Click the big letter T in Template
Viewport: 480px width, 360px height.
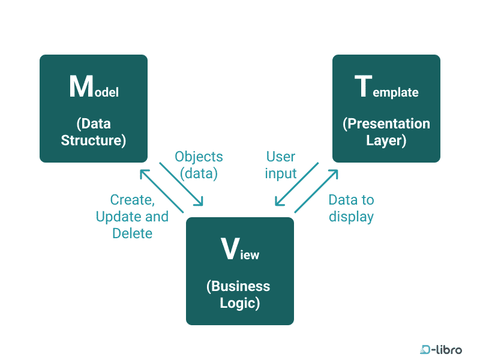tap(364, 87)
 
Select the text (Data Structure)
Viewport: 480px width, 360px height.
tap(94, 133)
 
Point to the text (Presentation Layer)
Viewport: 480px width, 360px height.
tap(386, 132)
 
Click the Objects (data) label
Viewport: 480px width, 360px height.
tap(199, 165)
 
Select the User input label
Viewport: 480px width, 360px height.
tap(281, 165)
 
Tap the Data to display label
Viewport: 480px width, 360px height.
tap(351, 208)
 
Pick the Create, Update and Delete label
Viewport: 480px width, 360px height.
tap(132, 217)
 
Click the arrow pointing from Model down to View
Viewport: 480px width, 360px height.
tap(181, 184)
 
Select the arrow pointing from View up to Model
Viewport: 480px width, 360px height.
tap(161, 191)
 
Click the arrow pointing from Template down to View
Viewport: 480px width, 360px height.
tap(295, 184)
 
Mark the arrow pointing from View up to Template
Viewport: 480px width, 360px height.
tap(316, 191)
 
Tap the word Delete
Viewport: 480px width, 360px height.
tap(132, 233)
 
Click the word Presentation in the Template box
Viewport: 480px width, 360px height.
tap(386, 124)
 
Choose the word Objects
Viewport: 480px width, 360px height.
tap(199, 157)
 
